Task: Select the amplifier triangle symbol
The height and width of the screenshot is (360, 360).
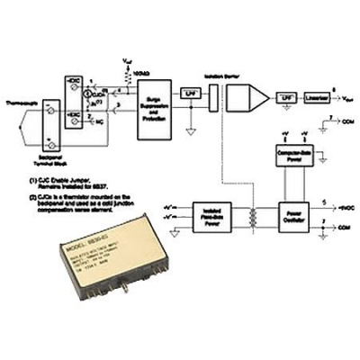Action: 256,95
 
